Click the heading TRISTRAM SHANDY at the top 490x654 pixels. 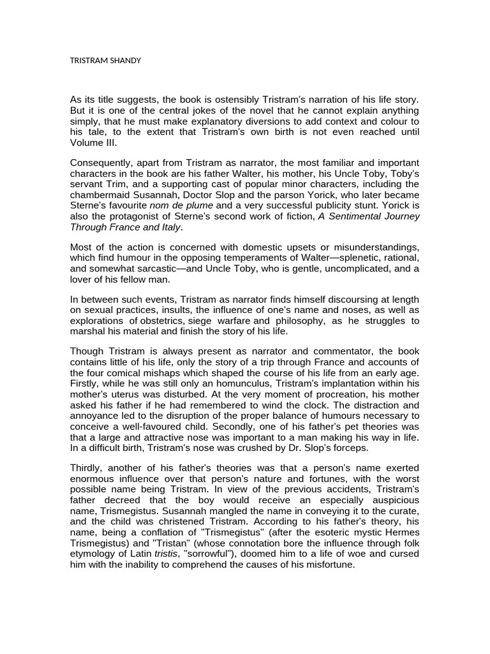click(105, 61)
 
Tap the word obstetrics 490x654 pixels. click(163, 321)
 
